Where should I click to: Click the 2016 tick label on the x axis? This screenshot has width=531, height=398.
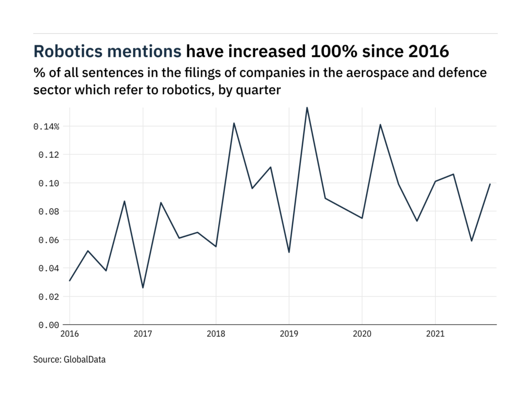[x=69, y=334]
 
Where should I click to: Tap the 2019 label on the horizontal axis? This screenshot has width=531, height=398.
[x=289, y=334]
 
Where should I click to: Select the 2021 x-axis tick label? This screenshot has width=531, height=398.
[x=435, y=334]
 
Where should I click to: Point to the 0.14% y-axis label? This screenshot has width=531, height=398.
[x=47, y=126]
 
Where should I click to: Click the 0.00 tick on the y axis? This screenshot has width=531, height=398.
[x=49, y=325]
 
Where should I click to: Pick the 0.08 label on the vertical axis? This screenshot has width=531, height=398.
[x=49, y=211]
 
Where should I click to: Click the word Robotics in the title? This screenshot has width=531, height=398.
[x=72, y=52]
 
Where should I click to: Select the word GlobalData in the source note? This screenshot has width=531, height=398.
[x=84, y=360]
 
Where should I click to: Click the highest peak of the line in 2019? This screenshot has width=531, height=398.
[x=307, y=107]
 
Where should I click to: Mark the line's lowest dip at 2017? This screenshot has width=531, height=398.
[x=143, y=288]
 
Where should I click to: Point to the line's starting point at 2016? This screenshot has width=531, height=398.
[x=70, y=280]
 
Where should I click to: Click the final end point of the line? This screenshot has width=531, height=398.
[x=490, y=184]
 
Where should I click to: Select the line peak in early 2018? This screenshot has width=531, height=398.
[x=234, y=123]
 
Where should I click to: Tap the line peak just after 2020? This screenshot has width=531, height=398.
[x=380, y=124]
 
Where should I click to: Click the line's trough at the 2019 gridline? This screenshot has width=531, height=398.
[x=289, y=252]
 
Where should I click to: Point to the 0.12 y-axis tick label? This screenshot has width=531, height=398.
[x=49, y=154]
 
